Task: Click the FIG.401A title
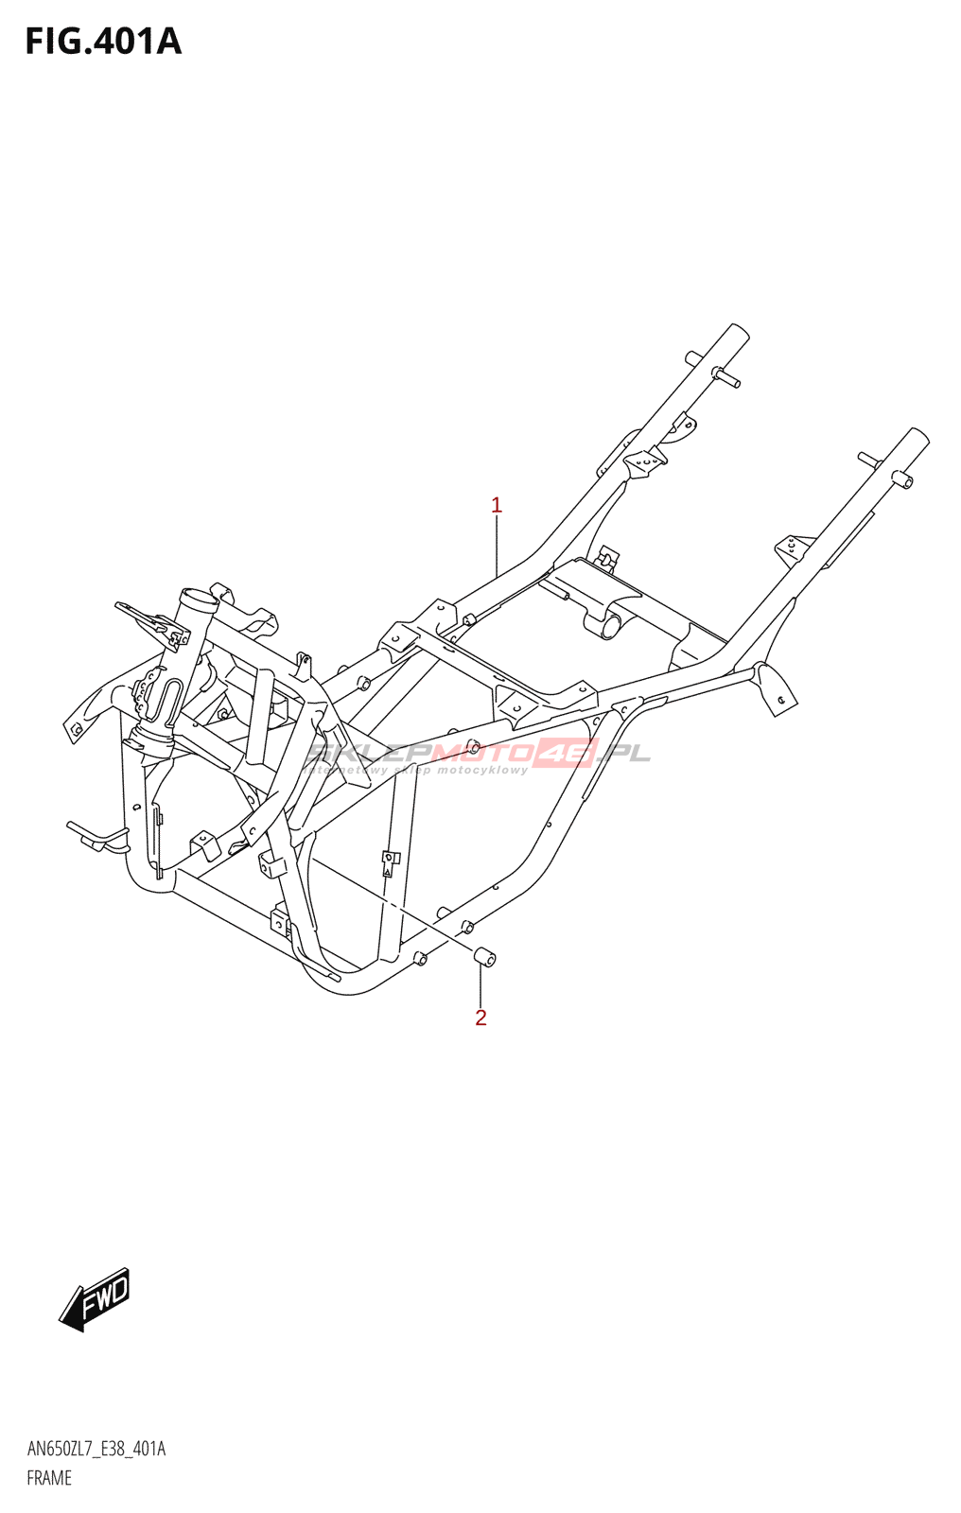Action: tap(102, 42)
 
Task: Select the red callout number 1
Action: tap(497, 506)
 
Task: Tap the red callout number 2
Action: tap(480, 1017)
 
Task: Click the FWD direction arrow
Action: tap(95, 1299)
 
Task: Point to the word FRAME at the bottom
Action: tap(49, 1478)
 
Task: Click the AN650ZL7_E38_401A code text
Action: tap(96, 1449)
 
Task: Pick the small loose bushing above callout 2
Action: tap(484, 957)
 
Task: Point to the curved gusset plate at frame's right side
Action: tap(776, 688)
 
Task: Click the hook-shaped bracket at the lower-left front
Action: tap(95, 837)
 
